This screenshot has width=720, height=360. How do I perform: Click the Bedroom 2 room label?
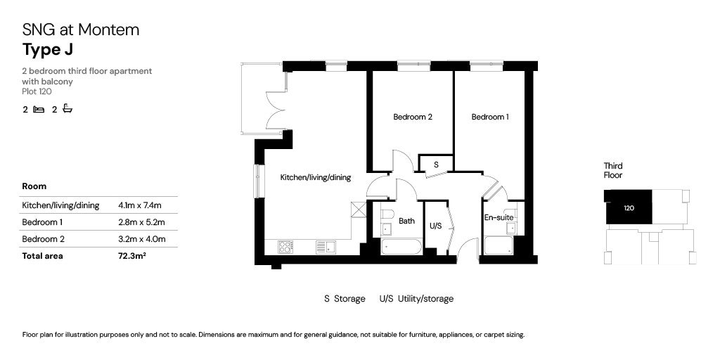click(x=412, y=117)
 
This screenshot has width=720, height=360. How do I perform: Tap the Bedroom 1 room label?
click(x=489, y=117)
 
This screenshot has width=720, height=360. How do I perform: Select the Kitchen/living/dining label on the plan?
click(x=315, y=178)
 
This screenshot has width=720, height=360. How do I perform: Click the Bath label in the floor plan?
click(x=406, y=221)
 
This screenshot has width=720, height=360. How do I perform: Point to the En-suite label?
click(x=498, y=218)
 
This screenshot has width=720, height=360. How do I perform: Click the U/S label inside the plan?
click(x=435, y=226)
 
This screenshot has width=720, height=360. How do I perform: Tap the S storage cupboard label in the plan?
click(x=436, y=165)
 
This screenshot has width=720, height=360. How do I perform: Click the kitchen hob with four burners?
click(x=285, y=247)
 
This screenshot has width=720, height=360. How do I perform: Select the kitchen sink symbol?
click(x=326, y=247)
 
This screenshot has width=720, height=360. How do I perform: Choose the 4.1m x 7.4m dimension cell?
click(x=140, y=205)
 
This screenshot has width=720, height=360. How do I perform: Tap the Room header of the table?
click(x=34, y=186)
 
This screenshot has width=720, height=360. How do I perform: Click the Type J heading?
click(x=48, y=49)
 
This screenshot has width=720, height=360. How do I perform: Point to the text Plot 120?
click(x=37, y=91)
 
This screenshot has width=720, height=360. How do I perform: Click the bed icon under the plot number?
click(x=39, y=109)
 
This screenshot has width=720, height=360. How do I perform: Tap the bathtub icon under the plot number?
click(x=67, y=109)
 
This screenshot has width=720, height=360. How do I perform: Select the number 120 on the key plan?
click(x=629, y=208)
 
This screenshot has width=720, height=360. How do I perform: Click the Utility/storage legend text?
click(x=425, y=299)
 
